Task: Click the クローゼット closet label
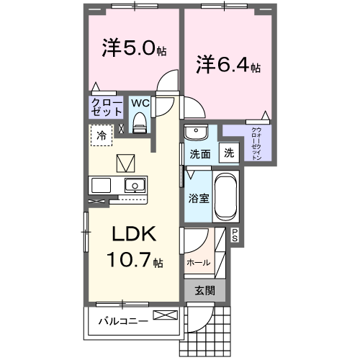(107, 107)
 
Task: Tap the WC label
(141, 103)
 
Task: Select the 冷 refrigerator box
(102, 135)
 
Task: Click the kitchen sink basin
(133, 185)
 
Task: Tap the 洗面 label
(199, 153)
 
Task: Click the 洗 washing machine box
(228, 153)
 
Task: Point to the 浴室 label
(199, 197)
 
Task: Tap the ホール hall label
(199, 262)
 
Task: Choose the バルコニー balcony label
(123, 320)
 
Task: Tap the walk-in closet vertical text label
(256, 143)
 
